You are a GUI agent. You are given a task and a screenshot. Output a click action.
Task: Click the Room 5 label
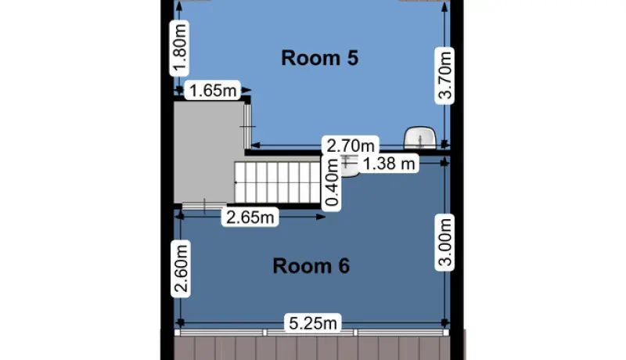point(319,58)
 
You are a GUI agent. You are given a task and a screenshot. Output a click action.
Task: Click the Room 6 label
point(311,266)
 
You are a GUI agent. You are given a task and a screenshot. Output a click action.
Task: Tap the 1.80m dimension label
point(180,48)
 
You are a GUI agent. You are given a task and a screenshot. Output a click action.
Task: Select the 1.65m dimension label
point(213,90)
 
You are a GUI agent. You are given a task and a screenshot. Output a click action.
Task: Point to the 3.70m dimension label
point(444,76)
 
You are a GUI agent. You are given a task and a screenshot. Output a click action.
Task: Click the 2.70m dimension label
point(351,146)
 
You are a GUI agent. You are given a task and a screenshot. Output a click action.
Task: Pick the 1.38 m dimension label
point(389,164)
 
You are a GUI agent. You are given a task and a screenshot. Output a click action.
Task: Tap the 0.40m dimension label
point(332,182)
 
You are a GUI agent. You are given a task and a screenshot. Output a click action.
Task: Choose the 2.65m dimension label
point(250,217)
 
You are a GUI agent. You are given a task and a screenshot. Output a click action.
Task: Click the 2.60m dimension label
point(181,268)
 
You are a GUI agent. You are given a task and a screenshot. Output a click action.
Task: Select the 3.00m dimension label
point(444,243)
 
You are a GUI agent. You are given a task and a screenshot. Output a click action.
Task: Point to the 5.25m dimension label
point(313,323)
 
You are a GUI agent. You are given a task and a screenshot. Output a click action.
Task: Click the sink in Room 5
point(420,138)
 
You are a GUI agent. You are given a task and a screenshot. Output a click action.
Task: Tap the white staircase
point(278,182)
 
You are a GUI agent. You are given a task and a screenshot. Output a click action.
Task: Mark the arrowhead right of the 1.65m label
point(246,90)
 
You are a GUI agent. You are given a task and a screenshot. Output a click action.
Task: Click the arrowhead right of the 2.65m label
point(321,217)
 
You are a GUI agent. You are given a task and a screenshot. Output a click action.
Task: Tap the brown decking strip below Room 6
point(312,348)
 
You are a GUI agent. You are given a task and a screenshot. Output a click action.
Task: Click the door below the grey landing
point(204,207)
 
